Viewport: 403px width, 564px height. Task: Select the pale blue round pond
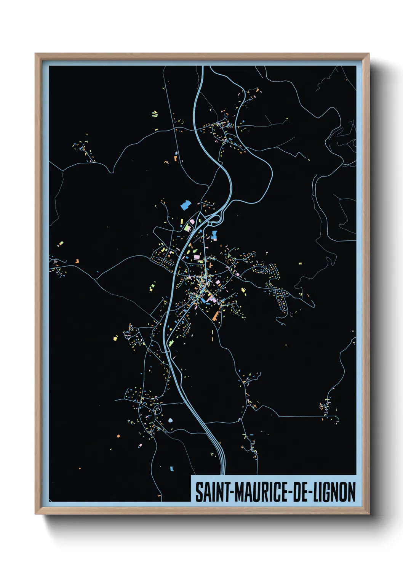170,421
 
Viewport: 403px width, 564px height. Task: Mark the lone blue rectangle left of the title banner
171,468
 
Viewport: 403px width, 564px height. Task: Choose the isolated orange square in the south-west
118,436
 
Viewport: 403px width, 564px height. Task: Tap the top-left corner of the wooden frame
35,54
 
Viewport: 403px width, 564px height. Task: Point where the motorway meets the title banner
223,475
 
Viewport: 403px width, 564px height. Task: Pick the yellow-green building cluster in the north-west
155,114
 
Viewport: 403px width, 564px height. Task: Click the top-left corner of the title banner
191,476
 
